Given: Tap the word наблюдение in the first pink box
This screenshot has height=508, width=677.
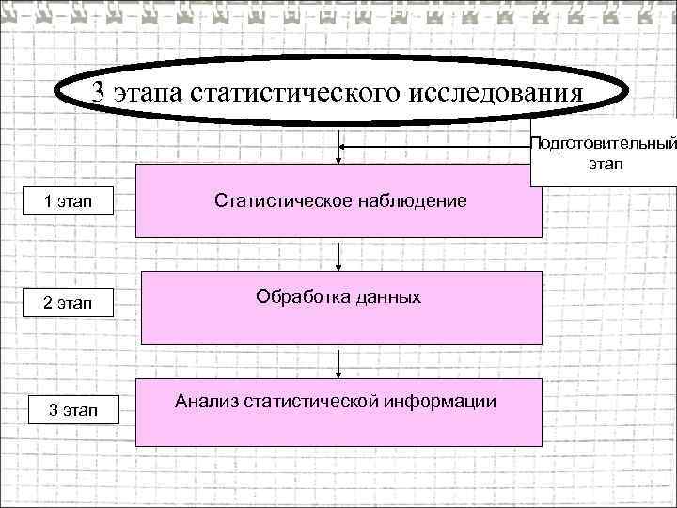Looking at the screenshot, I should click(x=410, y=200).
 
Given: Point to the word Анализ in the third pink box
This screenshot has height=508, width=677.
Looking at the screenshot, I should click(x=205, y=401).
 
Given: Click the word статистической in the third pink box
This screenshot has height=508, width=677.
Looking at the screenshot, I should click(x=308, y=401).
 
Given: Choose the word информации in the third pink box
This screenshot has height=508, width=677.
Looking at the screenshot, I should click(x=438, y=401).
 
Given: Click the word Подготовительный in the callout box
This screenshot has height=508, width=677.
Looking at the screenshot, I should click(x=605, y=144).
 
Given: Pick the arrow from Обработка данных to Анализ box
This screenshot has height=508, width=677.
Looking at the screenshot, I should click(x=339, y=361).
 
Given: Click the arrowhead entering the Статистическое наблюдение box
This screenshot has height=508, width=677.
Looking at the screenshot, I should click(x=339, y=160).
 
